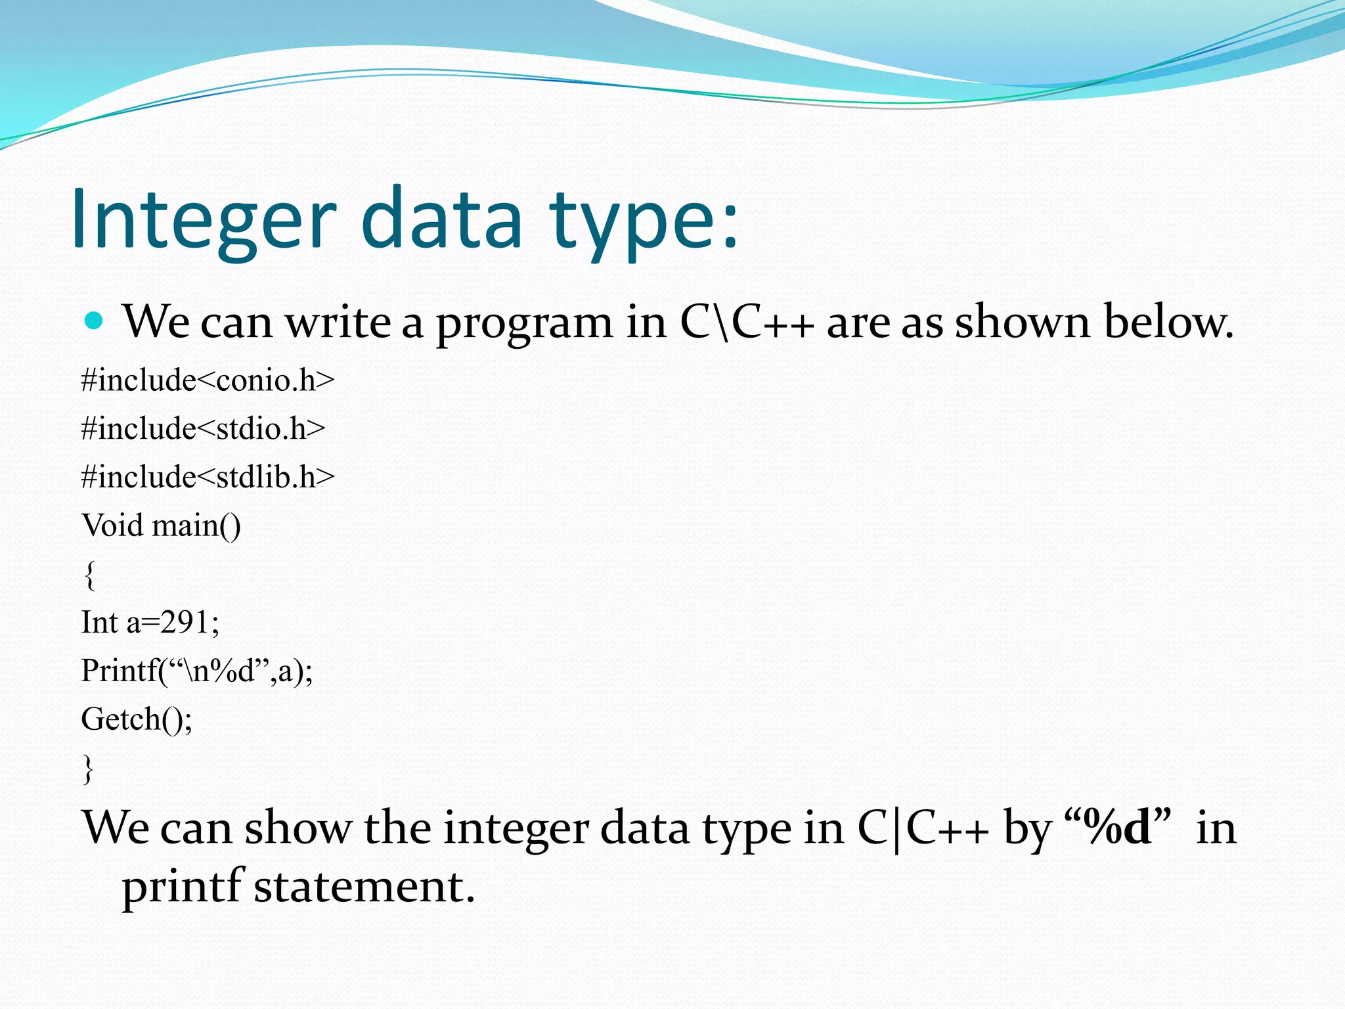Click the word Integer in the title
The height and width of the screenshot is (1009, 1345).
tap(204, 220)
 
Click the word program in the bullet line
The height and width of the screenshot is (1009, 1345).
tap(524, 323)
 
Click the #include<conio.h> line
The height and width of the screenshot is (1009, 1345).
tap(208, 380)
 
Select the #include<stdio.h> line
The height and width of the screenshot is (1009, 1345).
tap(203, 428)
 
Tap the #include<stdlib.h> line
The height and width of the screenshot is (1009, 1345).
tap(208, 477)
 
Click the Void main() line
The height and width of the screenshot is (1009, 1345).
tap(161, 526)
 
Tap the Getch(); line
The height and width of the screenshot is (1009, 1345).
tap(137, 719)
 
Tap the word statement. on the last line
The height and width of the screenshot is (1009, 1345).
tap(364, 887)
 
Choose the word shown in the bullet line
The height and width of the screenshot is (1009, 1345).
tap(1022, 322)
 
